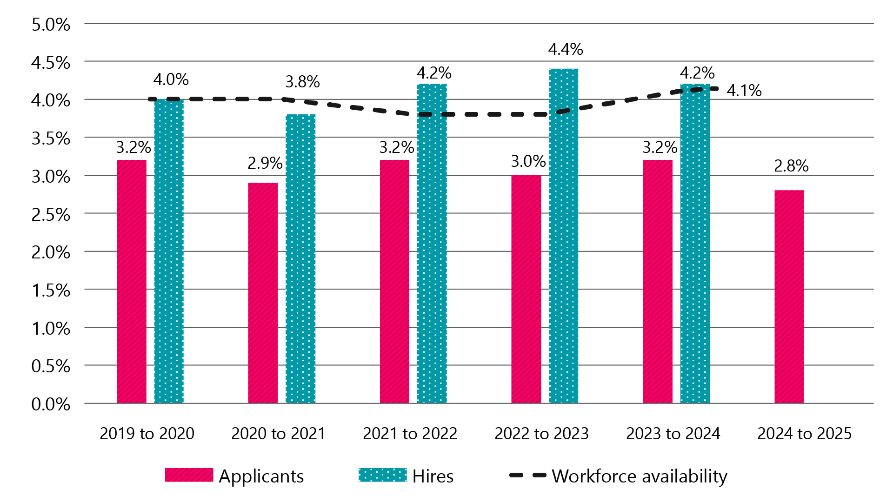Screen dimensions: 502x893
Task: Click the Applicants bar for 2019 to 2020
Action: pos(132,281)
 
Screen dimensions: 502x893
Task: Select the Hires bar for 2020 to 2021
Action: pos(300,258)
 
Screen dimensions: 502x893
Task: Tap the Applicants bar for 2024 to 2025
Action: pos(789,297)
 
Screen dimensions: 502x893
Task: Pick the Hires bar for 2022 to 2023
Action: pos(563,236)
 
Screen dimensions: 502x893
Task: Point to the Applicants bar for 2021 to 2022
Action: pos(394,281)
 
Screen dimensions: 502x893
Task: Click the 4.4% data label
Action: pos(565,49)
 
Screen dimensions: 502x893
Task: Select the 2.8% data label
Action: pos(791,166)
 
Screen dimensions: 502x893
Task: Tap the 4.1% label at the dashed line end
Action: pos(744,91)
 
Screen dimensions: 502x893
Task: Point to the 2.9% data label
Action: pos(265,163)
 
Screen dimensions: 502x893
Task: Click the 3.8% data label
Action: pos(302,82)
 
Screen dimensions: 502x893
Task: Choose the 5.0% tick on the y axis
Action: pos(51,25)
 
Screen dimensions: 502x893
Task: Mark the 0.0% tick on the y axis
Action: pos(51,404)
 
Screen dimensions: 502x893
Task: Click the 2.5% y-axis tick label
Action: pos(51,215)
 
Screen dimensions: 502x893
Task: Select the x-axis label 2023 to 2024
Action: pos(673,434)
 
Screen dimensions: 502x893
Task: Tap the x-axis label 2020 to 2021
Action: pos(278,434)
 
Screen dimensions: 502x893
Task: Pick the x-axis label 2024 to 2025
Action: pos(804,434)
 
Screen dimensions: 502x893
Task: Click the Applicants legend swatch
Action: pos(189,475)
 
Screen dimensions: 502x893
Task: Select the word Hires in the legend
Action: pos(433,476)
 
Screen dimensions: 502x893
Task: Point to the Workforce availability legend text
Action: pos(639,476)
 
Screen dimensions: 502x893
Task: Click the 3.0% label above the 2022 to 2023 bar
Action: pos(528,161)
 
